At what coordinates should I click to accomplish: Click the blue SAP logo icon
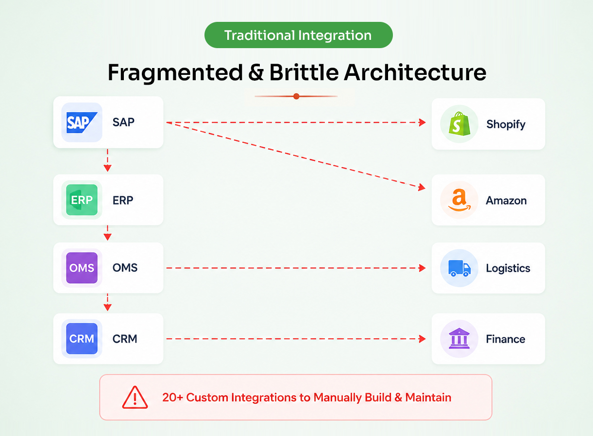click(x=82, y=122)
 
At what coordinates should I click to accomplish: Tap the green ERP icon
click(x=82, y=200)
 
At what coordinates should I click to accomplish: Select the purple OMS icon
click(x=82, y=268)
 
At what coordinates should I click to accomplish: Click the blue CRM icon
click(x=82, y=338)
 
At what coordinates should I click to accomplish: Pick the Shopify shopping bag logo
click(x=459, y=123)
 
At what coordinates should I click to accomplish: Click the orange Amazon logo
click(x=459, y=200)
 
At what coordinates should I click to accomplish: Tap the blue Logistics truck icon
click(x=459, y=268)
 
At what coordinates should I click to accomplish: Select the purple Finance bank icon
click(x=459, y=338)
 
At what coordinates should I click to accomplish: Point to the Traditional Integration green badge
click(x=299, y=35)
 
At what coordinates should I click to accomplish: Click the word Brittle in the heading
click(x=304, y=72)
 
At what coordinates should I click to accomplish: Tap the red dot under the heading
click(x=296, y=96)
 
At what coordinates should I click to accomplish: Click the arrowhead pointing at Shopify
click(x=422, y=122)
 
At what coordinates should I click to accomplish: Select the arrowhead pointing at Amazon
click(x=422, y=187)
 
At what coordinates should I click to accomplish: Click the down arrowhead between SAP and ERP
click(x=107, y=168)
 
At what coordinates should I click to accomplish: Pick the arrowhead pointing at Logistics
click(x=422, y=268)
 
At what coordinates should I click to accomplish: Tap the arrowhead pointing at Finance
click(x=422, y=339)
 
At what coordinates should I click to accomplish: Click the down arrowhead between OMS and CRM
click(x=107, y=308)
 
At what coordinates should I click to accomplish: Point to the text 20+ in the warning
click(x=172, y=397)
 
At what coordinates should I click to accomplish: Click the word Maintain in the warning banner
click(x=428, y=397)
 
